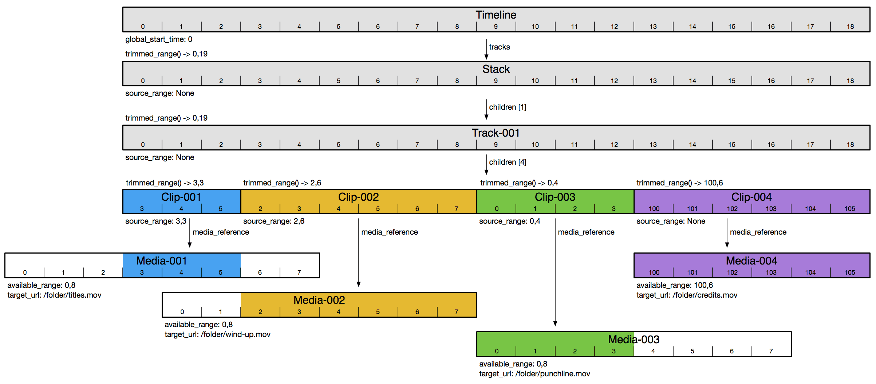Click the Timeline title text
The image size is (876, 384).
pos(496,15)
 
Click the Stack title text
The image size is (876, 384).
pos(496,69)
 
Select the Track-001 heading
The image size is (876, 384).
pos(496,133)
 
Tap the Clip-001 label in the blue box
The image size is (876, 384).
pos(181,197)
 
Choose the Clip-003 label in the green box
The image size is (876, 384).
pos(555,197)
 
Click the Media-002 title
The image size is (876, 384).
pos(319,300)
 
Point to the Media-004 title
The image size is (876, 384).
pos(751,261)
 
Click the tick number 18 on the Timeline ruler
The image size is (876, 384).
pos(850,27)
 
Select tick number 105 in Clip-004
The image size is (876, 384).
pos(849,209)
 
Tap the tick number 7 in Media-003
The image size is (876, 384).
pos(771,351)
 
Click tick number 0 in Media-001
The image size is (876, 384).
pos(25,273)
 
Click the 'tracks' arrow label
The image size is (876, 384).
pos(499,47)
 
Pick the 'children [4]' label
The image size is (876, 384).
pos(507,162)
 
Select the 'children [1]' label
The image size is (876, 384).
pos(507,107)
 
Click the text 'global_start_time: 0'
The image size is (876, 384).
pos(159,39)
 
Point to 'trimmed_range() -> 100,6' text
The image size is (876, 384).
pos(679,183)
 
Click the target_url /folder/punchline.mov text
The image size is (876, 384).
pos(534,374)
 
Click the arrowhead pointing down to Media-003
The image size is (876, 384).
pos(555,324)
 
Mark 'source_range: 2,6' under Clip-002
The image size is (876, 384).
pos(273,221)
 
